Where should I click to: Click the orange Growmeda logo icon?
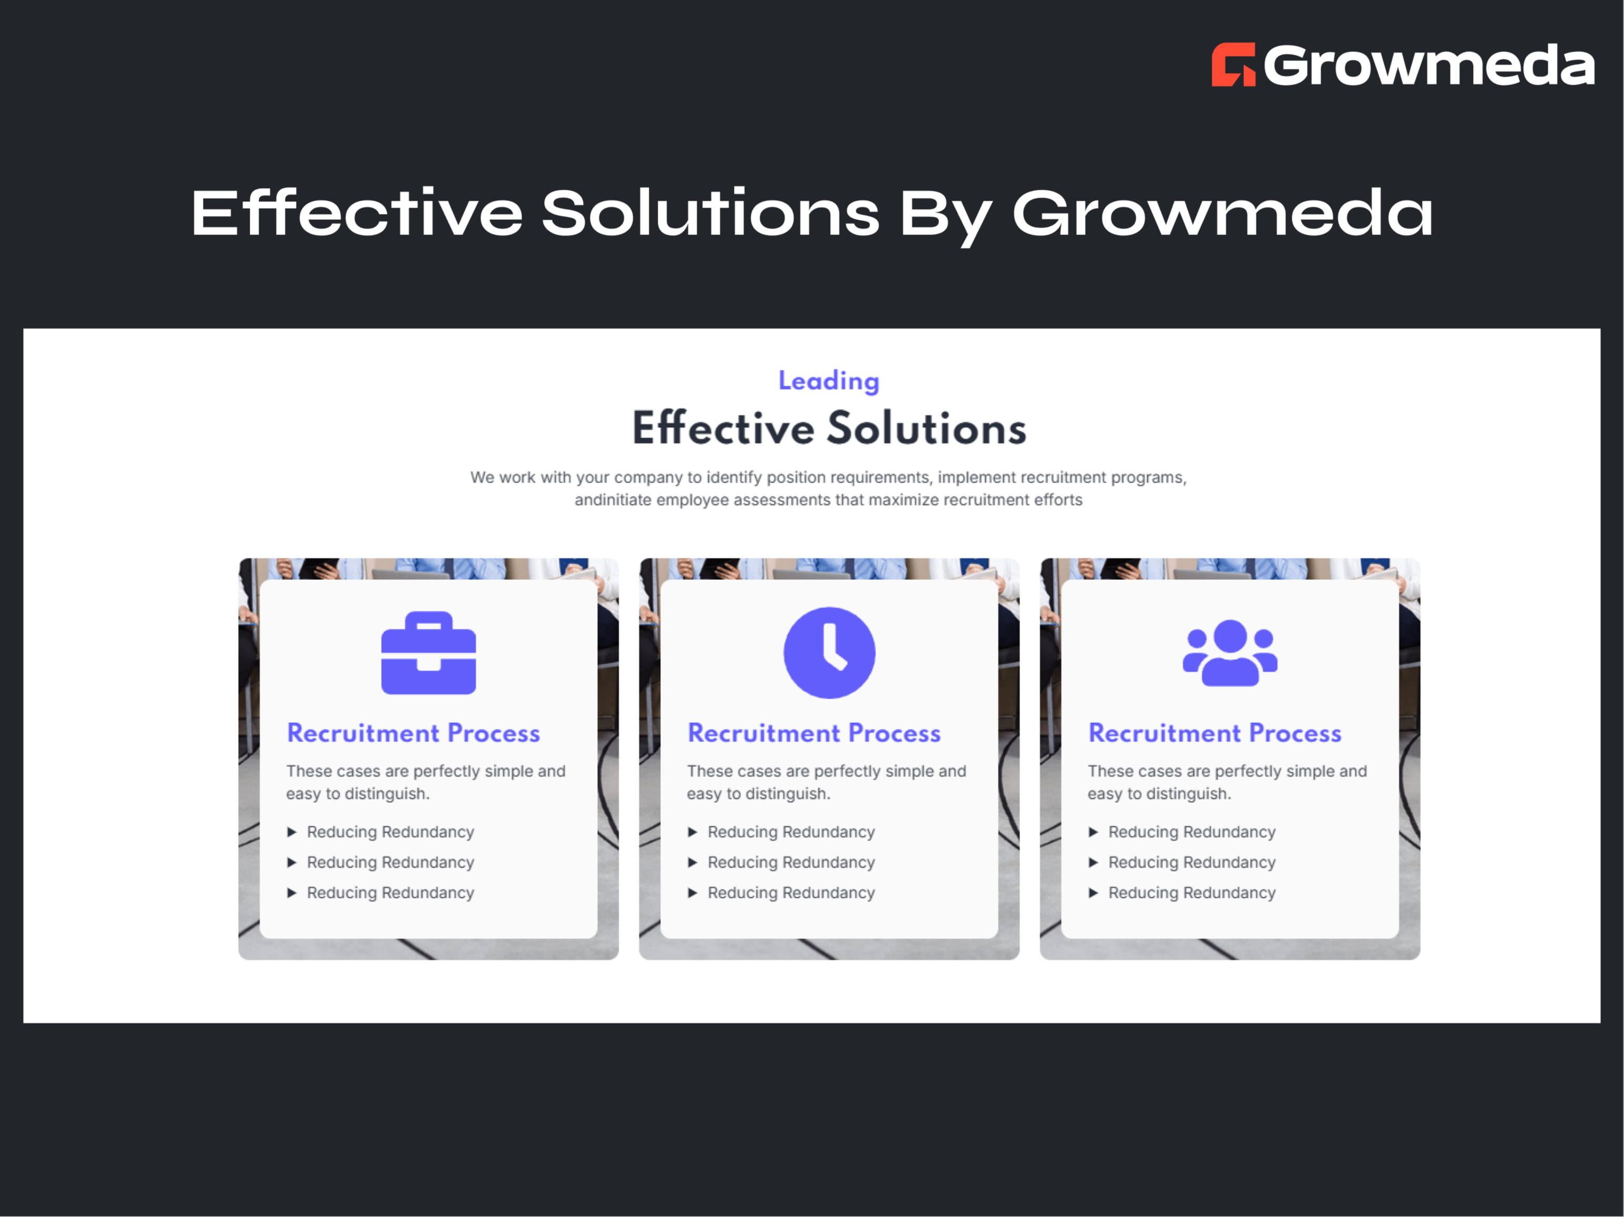(1233, 65)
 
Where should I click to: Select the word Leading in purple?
(828, 381)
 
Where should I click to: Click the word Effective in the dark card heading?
(723, 428)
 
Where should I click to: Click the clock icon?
(829, 652)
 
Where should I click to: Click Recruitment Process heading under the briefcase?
(413, 733)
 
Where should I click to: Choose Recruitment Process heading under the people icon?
(1214, 733)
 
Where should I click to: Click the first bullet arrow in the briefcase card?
(291, 832)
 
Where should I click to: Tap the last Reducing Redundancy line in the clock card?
(791, 893)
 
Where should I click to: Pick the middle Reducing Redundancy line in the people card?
(1191, 863)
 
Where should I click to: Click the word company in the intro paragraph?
(648, 478)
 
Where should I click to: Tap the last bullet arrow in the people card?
(1093, 893)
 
